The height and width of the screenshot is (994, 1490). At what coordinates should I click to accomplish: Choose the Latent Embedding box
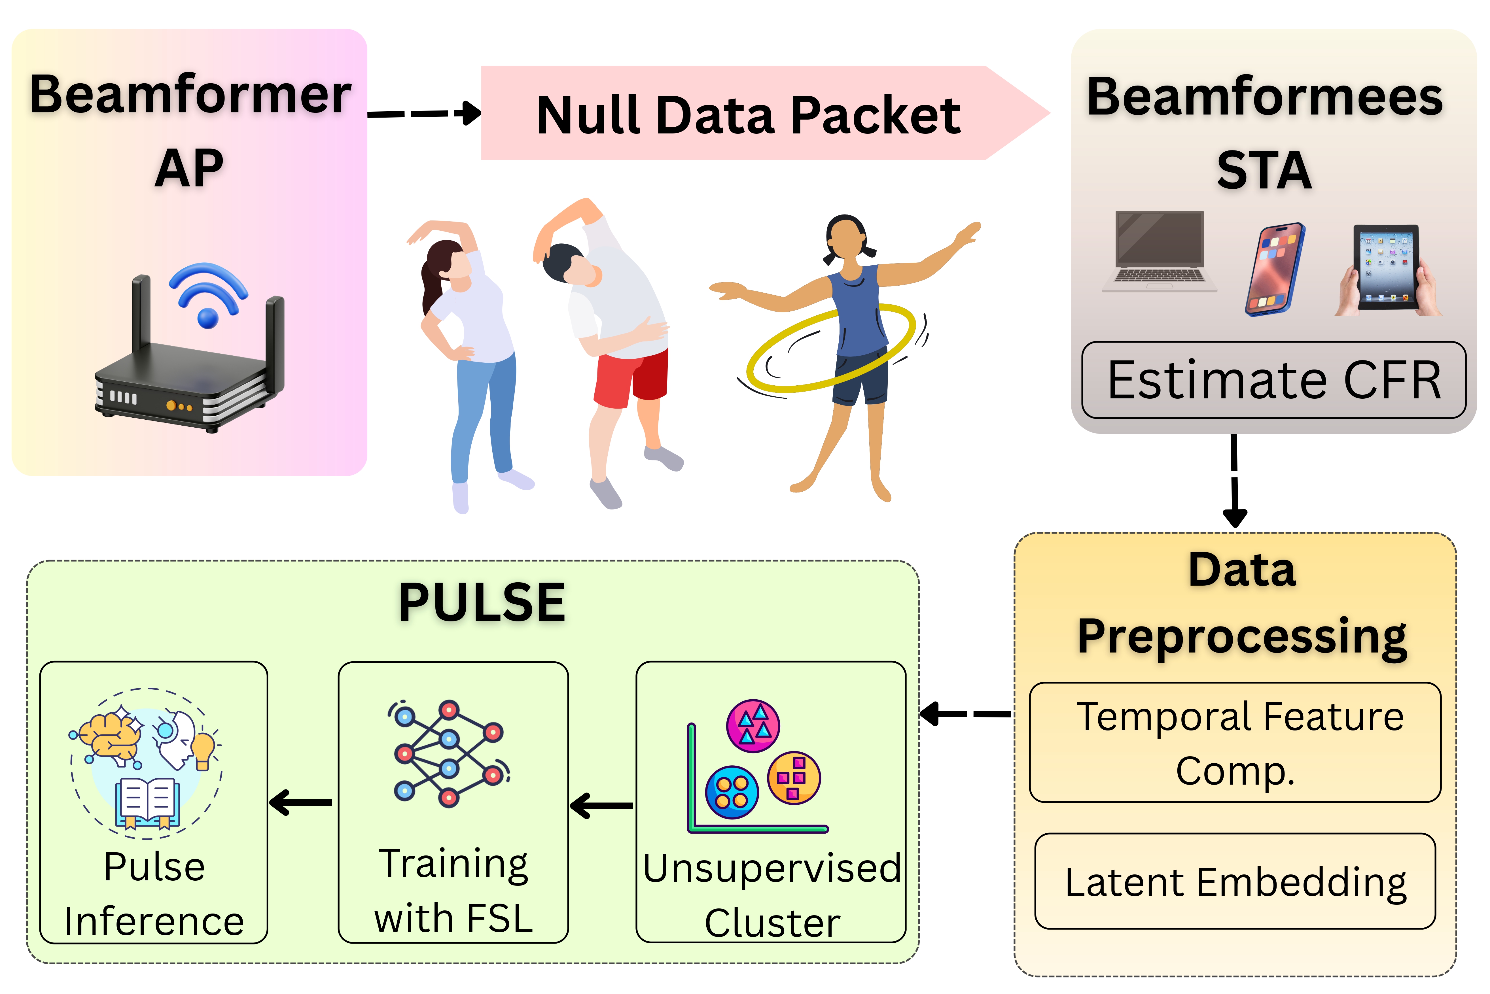coord(1235,881)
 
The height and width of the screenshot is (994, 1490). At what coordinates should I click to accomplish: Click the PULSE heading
coord(482,602)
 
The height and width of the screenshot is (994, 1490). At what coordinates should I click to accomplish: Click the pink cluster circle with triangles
coord(753,726)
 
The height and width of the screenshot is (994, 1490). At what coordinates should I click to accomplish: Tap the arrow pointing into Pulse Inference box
coord(301,802)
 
